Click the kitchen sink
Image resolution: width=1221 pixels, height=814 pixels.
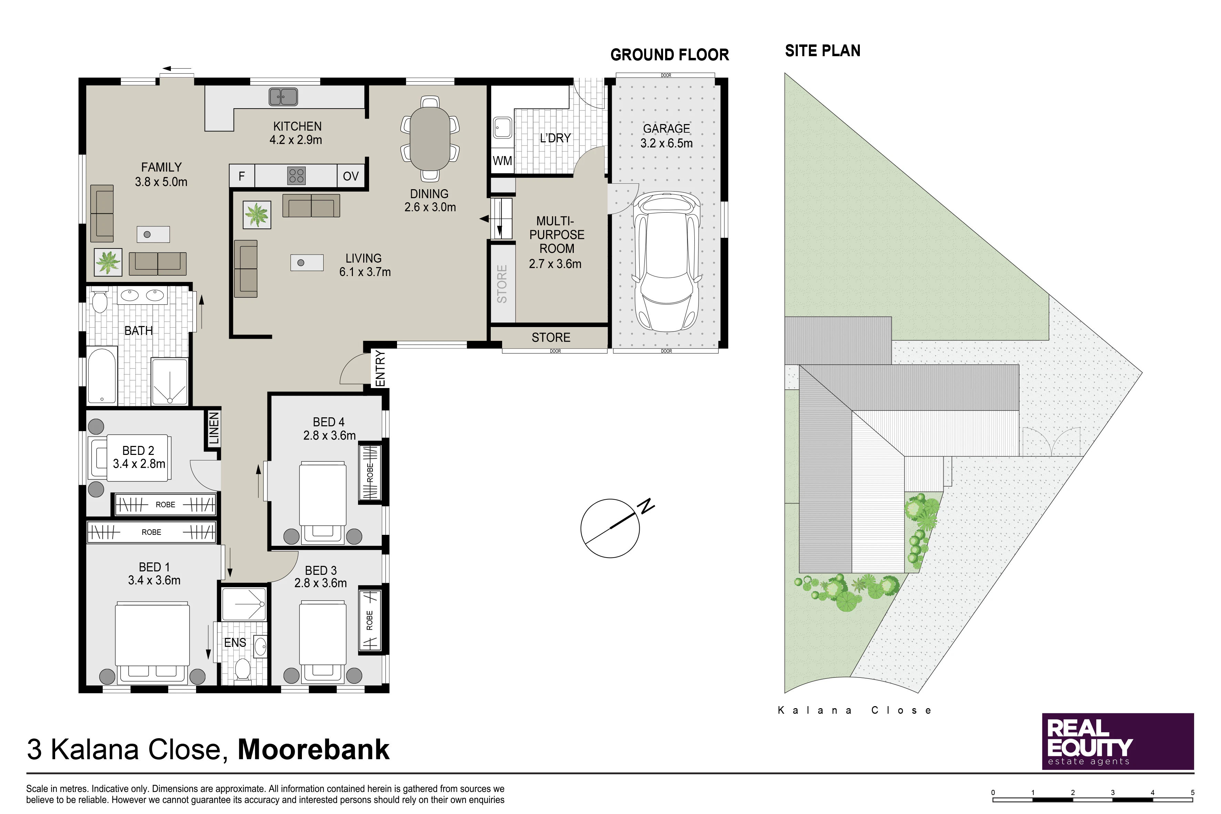(283, 96)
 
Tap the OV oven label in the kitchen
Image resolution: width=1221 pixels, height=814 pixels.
(351, 176)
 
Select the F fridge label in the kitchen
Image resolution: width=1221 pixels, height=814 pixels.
(241, 176)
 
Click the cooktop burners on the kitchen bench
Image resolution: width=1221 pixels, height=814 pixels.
(296, 175)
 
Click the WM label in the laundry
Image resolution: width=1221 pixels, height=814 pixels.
(502, 161)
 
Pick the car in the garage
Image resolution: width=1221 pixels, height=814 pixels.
(667, 262)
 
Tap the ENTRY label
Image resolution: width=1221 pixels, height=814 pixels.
(380, 369)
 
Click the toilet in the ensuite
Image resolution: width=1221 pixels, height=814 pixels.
(242, 670)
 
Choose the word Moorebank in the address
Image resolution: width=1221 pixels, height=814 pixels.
(314, 749)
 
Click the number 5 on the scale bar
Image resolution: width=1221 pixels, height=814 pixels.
(1192, 793)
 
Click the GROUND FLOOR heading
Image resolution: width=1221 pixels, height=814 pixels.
(670, 54)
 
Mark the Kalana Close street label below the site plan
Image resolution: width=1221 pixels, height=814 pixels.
(854, 710)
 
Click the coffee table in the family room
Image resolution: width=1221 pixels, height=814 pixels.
(153, 234)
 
